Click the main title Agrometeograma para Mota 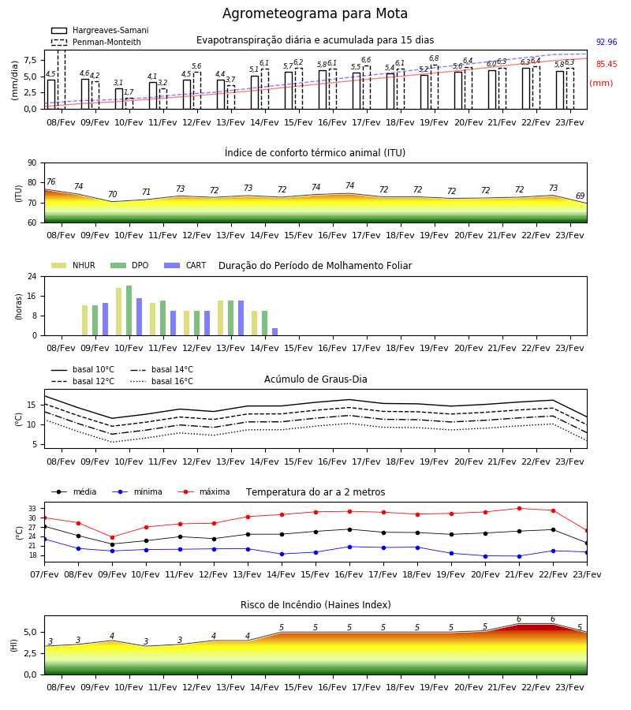coord(315,13)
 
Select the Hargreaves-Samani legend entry coord(100,30)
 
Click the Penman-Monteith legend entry coord(96,42)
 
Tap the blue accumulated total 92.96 coord(607,42)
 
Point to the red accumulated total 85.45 coord(607,65)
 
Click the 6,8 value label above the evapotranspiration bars coord(434,58)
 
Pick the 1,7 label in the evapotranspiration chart coord(129,92)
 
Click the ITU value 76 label coord(51,181)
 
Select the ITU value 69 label coord(580,196)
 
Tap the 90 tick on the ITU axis coord(32,163)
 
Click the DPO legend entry coord(129,265)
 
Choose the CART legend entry coord(185,265)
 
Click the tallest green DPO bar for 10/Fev coord(129,311)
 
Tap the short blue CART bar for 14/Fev coord(274,332)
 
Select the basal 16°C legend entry coord(162,381)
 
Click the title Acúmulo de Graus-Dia coord(315,379)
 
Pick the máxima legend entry coord(203,491)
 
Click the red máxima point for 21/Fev coord(519,509)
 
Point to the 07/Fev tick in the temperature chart coord(44,574)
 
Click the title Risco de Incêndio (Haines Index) coord(315,605)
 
